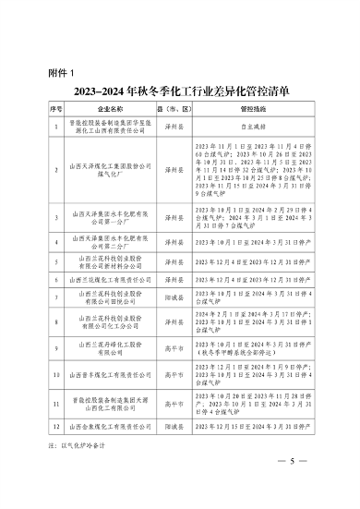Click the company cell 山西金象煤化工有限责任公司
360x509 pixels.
pos(109,427)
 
